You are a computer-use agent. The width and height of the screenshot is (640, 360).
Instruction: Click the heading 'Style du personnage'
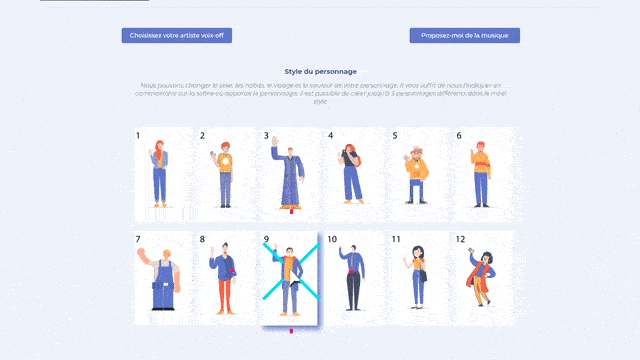[320, 72]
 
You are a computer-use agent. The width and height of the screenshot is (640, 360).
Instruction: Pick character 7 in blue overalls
[160, 280]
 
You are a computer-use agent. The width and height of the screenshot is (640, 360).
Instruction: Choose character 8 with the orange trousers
[224, 280]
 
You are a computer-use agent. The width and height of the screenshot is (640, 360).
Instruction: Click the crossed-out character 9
[289, 280]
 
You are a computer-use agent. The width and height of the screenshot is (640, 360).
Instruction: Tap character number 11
[417, 280]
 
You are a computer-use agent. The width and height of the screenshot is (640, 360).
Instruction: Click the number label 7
[138, 240]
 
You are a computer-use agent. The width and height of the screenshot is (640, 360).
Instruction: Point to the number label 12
[461, 240]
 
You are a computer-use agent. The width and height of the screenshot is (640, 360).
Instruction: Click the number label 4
[330, 135]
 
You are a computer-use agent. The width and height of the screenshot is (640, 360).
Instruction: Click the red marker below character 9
[291, 329]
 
